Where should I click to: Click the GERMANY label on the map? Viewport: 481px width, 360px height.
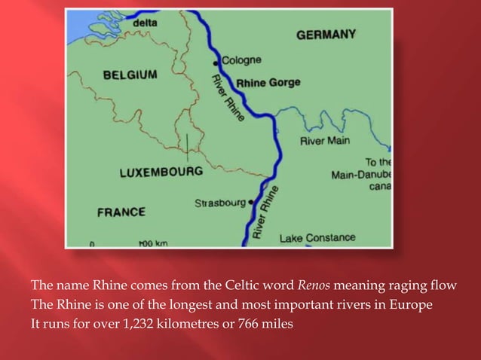326,35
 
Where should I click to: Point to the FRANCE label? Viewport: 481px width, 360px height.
121,212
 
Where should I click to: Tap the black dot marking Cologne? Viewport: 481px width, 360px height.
219,59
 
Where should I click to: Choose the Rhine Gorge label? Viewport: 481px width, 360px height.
268,83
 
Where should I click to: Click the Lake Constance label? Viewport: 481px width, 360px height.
317,238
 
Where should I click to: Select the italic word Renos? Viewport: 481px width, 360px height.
311,285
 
